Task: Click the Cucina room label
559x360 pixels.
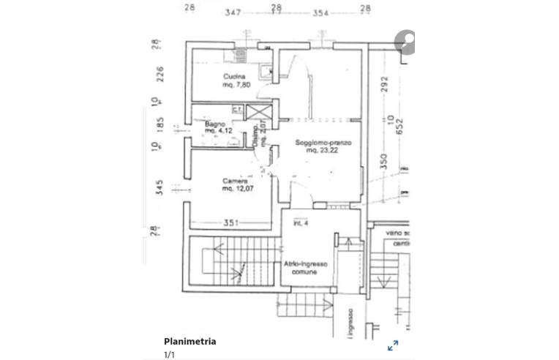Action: tap(234, 76)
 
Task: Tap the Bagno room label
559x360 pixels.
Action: tap(214, 124)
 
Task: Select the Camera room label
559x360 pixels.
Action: tap(236, 180)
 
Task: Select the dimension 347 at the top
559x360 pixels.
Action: tap(233, 12)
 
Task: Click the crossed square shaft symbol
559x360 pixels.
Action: tap(258, 113)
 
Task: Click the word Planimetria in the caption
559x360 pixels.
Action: tap(190, 341)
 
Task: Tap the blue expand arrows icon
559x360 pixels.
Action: tap(393, 345)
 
